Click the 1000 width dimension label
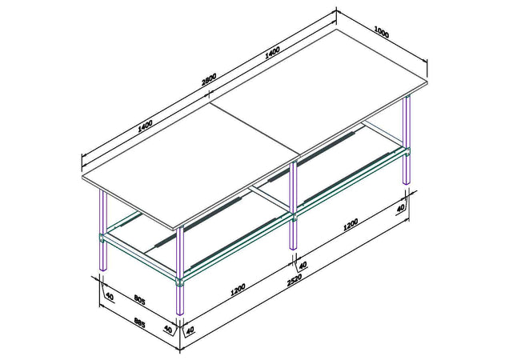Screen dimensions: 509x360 pos(382,33)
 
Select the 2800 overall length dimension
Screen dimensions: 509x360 pos(209,79)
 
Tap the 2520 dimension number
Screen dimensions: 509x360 pos(295,280)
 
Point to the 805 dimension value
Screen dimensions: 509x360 pos(139,300)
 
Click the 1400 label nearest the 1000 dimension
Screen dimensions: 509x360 pos(272,53)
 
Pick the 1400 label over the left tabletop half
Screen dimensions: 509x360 pos(145,126)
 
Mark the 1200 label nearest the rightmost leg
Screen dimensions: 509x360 pos(351,225)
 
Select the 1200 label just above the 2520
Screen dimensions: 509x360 pos(238,290)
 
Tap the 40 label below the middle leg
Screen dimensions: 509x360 pos(303,266)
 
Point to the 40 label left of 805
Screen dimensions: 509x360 pos(110,296)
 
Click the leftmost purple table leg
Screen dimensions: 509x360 pos(103,230)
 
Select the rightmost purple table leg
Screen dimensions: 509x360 pos(407,140)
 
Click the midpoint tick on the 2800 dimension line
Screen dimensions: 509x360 pos(209,94)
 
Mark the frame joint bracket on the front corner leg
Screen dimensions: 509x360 pos(180,282)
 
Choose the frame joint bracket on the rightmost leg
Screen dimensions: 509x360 pos(407,152)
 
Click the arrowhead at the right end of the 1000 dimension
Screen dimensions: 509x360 pos(424,60)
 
